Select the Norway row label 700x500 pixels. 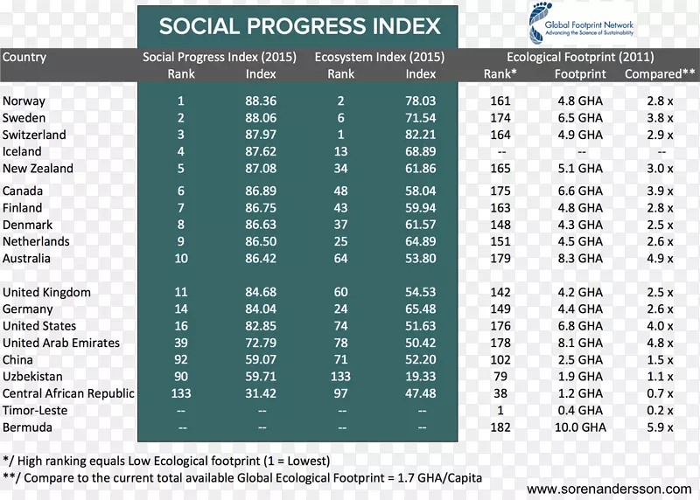pos(24,101)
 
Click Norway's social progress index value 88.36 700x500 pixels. pos(261,101)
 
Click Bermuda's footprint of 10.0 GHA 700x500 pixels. pos(579,428)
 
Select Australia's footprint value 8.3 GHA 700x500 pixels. pos(579,259)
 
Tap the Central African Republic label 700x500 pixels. pos(68,394)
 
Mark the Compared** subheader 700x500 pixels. pos(654,74)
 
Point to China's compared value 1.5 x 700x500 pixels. pos(659,360)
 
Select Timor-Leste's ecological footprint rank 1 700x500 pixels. pos(500,411)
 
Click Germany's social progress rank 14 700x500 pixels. pos(181,309)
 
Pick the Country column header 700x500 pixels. pos(24,58)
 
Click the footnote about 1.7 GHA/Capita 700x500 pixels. pos(242,478)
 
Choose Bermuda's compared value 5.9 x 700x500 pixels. pos(659,428)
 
